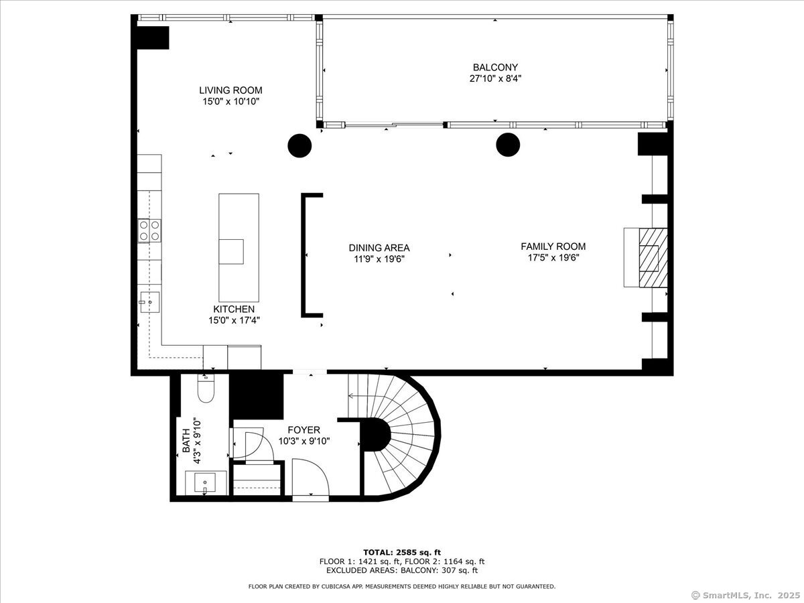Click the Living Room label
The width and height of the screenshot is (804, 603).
click(230, 90)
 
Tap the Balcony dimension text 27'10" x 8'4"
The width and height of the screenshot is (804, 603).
click(495, 78)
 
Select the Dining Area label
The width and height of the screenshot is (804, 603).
click(379, 248)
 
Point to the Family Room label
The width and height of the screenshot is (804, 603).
click(553, 247)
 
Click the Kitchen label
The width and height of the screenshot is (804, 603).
click(234, 309)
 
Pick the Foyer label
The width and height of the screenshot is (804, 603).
click(304, 430)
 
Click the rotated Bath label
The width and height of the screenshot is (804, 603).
click(186, 441)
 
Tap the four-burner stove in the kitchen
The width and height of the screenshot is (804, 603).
click(149, 230)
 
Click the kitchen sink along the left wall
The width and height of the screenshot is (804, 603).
click(150, 302)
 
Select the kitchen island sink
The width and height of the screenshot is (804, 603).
click(231, 251)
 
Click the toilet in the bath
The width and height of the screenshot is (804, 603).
click(206, 388)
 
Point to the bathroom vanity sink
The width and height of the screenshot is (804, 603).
click(205, 483)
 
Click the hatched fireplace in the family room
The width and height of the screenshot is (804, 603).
click(653, 258)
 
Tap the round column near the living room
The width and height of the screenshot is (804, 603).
click(299, 145)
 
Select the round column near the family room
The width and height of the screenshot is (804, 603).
click(508, 145)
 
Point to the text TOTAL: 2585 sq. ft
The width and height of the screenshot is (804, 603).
click(402, 553)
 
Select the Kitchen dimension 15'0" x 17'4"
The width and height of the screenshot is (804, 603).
click(234, 320)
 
